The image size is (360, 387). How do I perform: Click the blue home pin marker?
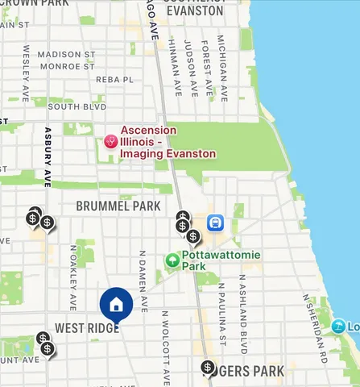tap(116, 305)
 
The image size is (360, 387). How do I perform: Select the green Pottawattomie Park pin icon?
tap(172, 260)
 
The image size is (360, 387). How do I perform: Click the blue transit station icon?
tap(215, 223)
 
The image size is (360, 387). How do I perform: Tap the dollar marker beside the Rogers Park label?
tap(209, 368)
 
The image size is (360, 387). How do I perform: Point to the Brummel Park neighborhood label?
tap(118, 206)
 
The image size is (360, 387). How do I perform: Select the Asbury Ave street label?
tap(48, 156)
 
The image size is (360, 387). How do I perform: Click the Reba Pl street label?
tap(114, 80)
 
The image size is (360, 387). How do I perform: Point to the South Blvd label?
tap(77, 106)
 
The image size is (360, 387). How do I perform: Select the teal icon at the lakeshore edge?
tap(337, 327)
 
